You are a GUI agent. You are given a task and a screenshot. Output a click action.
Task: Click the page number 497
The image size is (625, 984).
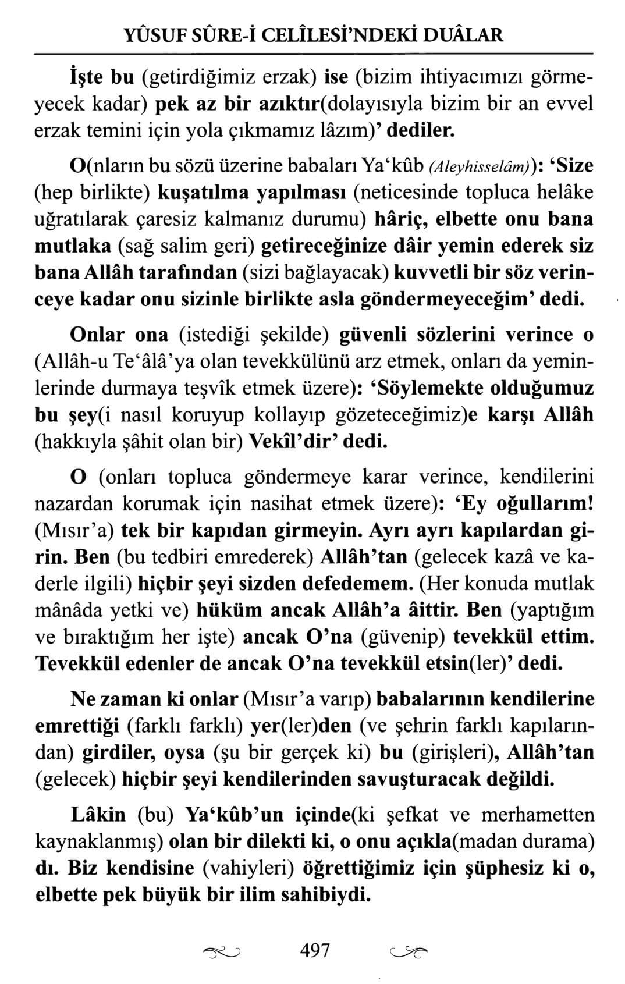pyautogui.click(x=315, y=950)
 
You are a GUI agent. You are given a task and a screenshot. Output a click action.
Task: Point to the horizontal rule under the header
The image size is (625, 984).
pyautogui.click(x=312, y=54)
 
